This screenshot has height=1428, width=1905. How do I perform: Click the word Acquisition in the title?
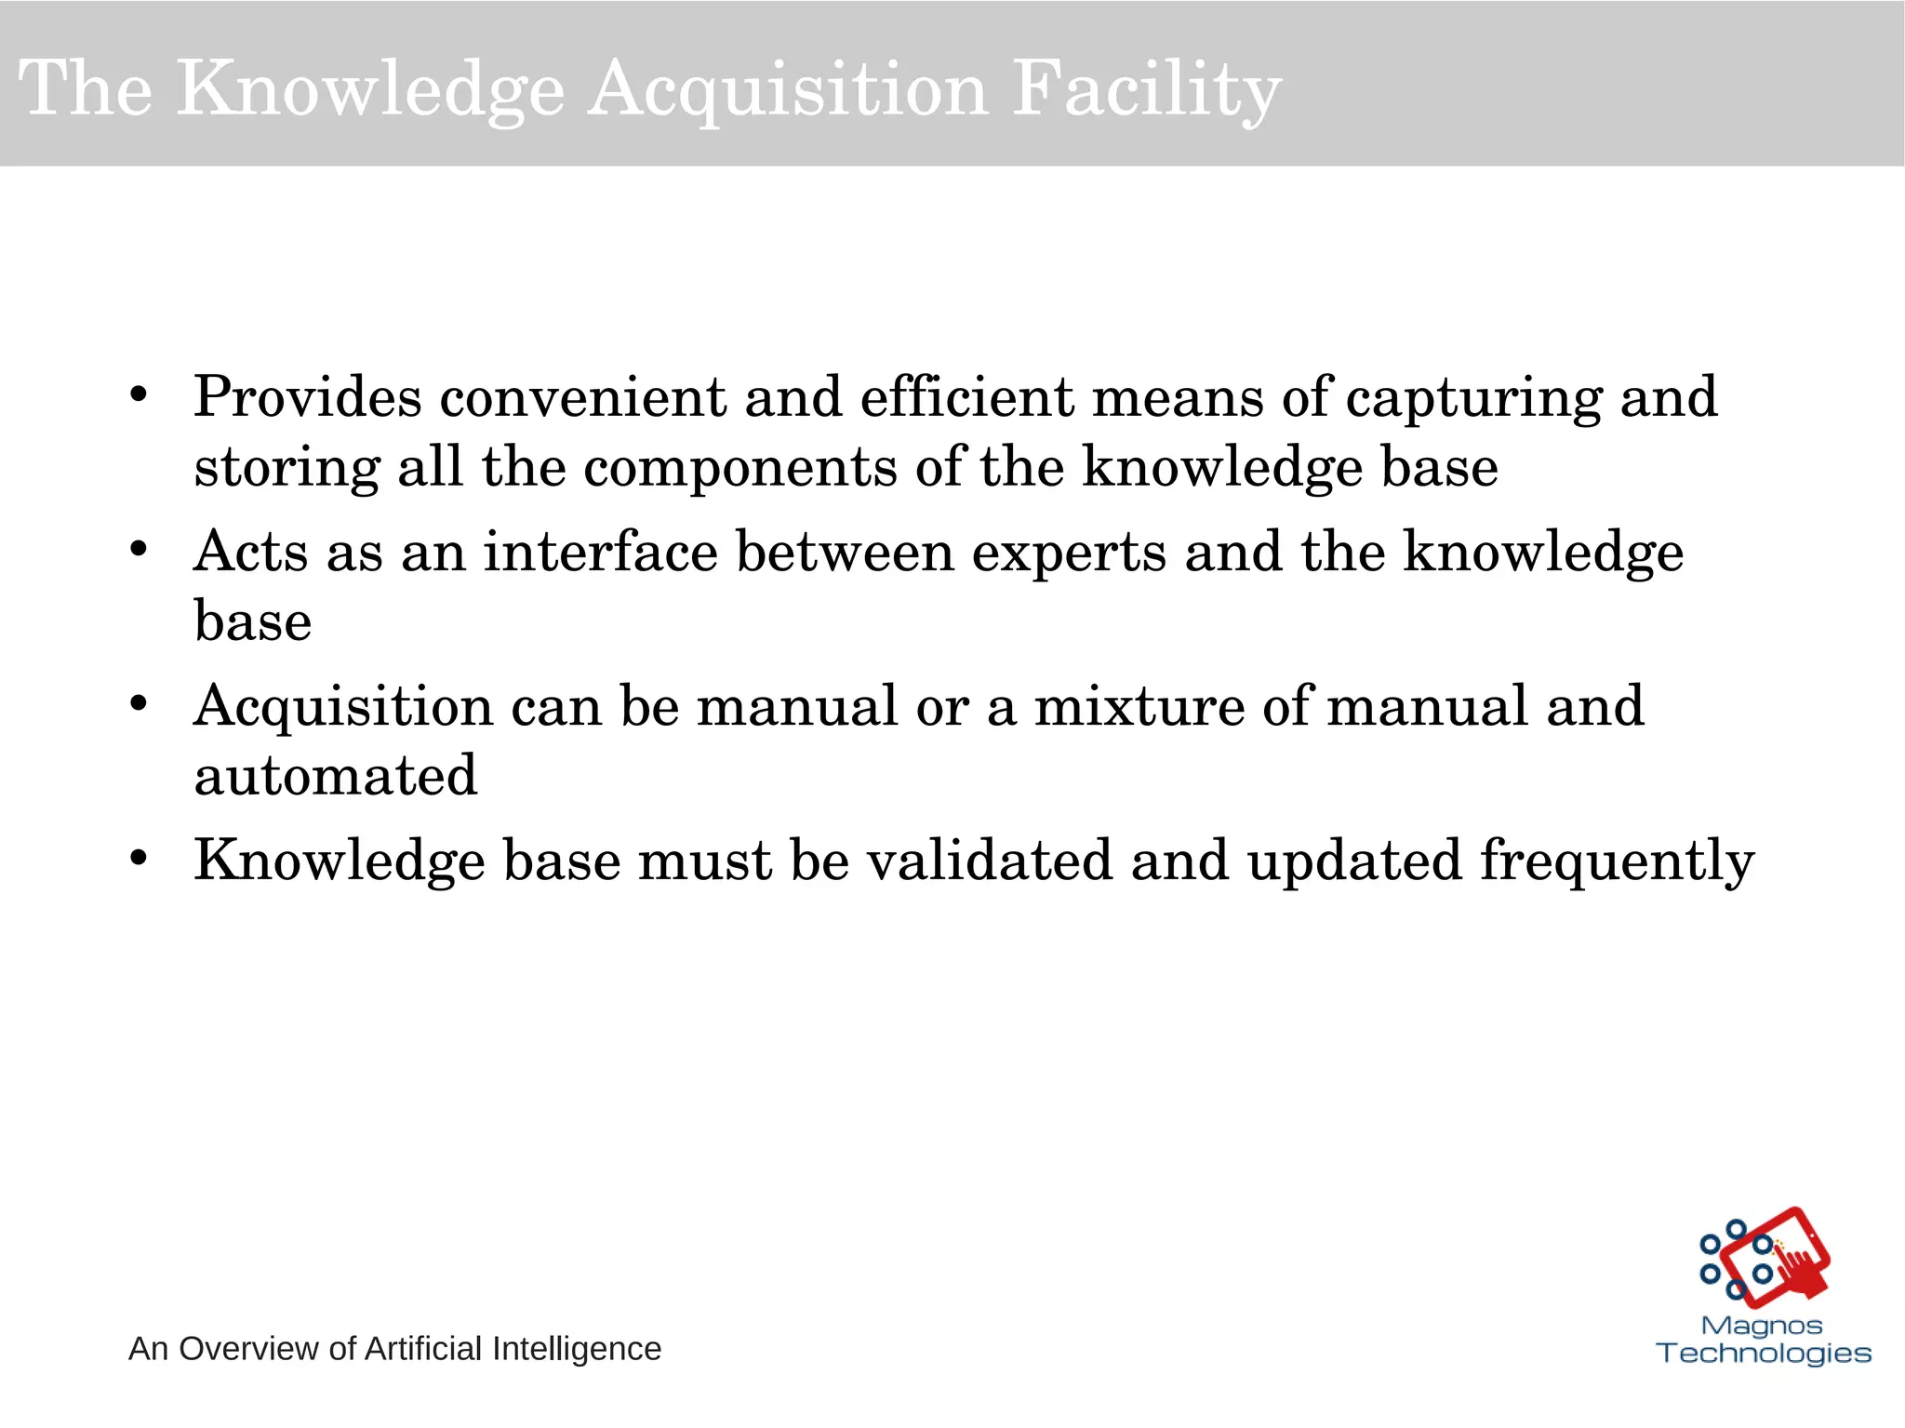(x=787, y=90)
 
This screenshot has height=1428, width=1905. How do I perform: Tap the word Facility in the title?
(x=1146, y=90)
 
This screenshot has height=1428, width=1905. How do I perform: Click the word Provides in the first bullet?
(x=308, y=397)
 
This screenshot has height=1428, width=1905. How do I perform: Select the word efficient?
(x=966, y=397)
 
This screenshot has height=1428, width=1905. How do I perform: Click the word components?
(x=739, y=468)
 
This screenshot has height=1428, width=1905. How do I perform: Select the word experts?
(x=1069, y=554)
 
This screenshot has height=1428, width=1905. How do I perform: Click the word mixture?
(x=1139, y=706)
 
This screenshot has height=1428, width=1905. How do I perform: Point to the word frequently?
(x=1617, y=861)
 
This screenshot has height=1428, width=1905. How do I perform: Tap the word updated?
(x=1354, y=861)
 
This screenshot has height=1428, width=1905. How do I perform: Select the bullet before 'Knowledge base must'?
(x=139, y=859)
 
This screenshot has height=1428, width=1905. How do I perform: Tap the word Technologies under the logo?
(x=1764, y=1353)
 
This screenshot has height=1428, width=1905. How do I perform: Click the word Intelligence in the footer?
(x=576, y=1349)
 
